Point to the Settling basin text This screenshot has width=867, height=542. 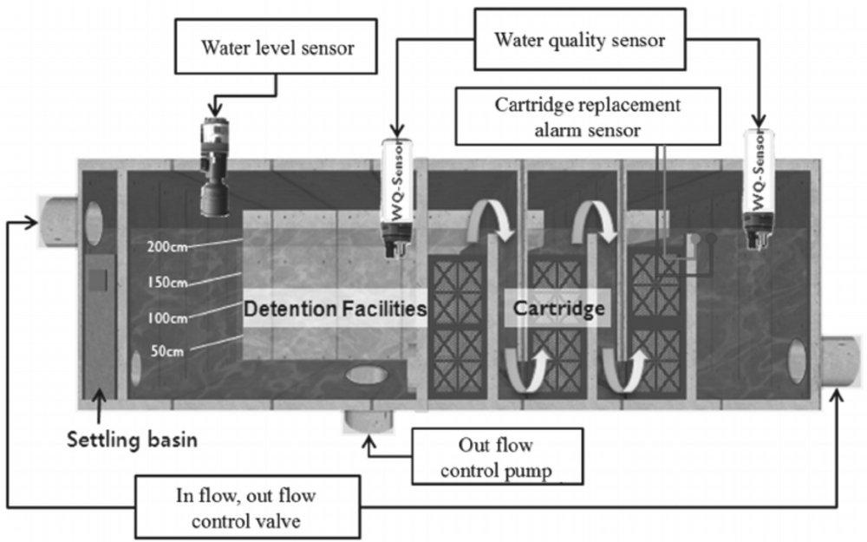(134, 440)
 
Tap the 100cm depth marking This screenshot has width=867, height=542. (167, 317)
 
